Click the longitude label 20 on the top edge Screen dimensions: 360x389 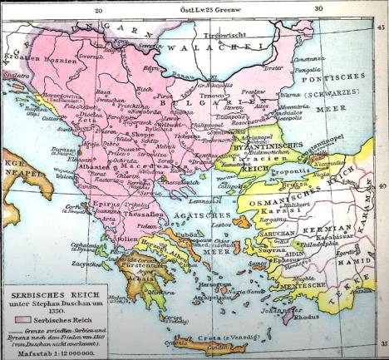[x=98, y=10]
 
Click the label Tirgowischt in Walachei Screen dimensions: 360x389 [x=224, y=37]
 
